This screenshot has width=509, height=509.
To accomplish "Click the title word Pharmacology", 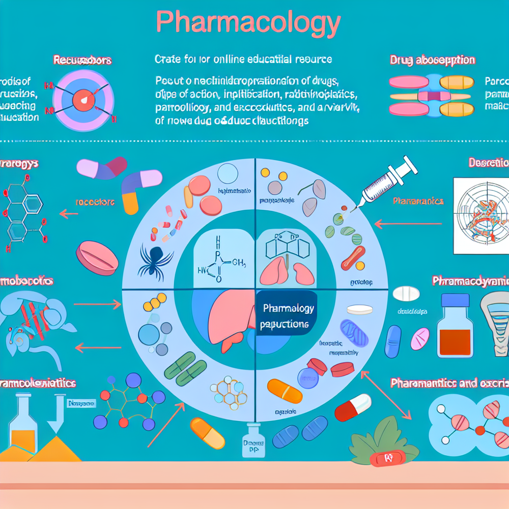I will [x=247, y=23].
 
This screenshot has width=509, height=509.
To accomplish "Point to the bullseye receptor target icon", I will [x=82, y=99].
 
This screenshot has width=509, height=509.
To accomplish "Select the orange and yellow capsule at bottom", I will [x=207, y=433].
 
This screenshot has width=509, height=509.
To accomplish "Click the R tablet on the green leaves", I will [x=385, y=459].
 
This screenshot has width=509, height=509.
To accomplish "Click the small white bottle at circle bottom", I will [x=254, y=440].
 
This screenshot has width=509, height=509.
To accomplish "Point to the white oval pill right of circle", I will [x=406, y=293].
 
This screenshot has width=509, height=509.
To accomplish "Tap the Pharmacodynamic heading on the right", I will [x=469, y=280].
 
